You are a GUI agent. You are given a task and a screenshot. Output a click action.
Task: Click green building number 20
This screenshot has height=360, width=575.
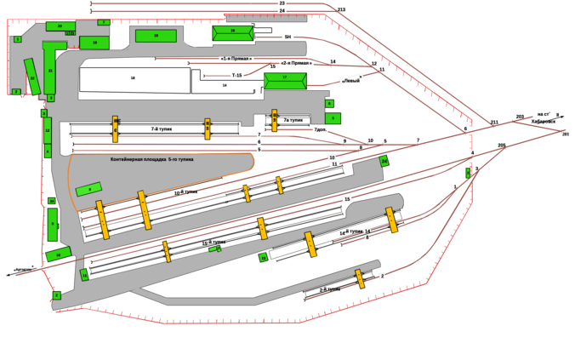click(59, 26)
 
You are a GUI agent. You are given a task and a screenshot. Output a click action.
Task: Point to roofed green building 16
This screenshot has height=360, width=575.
click(232, 33)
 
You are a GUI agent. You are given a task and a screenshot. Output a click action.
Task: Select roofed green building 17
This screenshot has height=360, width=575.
click(285, 80)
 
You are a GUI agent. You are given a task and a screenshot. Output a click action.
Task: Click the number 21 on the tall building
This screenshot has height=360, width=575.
click(50, 70)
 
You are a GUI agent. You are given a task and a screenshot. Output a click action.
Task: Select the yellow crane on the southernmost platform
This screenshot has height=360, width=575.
click(360, 277)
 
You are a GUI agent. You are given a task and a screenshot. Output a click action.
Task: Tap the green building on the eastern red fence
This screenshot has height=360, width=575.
click(468, 173)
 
